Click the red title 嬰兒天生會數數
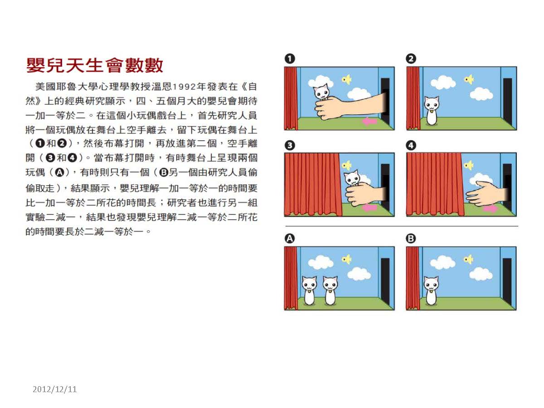pos(94,65)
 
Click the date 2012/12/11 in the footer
pos(54,389)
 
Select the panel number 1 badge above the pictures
pos(290,59)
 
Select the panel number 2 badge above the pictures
pos(411,59)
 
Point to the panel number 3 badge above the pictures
pos(290,145)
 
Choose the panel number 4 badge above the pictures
pos(411,145)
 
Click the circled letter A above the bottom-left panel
pos(290,238)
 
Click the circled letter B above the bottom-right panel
pos(411,238)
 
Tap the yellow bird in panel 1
pos(347,79)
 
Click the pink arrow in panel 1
pos(370,121)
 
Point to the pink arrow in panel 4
pos(490,209)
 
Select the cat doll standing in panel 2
pos(432,111)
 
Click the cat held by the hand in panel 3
pos(352,178)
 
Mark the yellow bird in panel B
pos(468,259)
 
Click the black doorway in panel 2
pos(508,102)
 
